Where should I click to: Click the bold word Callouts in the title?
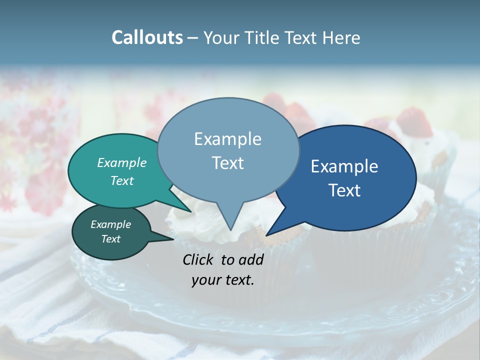coord(147,37)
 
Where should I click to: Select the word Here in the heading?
coord(342,37)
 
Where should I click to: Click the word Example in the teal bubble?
coord(122,162)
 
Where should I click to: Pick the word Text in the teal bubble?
coord(122,180)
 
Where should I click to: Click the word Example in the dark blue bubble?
coord(344,166)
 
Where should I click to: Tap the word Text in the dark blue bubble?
coord(344,190)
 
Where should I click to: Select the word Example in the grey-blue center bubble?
coord(227,139)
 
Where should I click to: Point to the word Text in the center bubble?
coord(227,163)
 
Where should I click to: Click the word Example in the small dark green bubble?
coord(110,224)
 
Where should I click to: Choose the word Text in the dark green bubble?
coord(110,239)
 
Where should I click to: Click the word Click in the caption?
coord(199,259)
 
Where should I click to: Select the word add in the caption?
coord(251,259)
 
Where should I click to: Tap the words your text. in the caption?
coord(223,280)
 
